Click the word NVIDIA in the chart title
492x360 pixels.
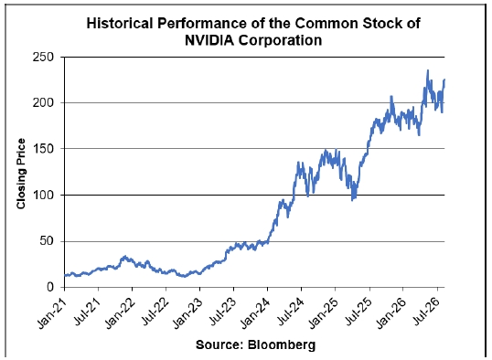click(x=209, y=40)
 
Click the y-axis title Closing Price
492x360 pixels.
click(x=21, y=174)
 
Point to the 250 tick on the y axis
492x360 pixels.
click(x=43, y=58)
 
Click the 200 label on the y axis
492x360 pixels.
click(x=43, y=103)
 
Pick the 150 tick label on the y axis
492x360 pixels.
click(x=43, y=149)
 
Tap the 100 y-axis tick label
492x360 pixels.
click(x=43, y=195)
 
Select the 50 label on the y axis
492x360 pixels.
click(x=47, y=241)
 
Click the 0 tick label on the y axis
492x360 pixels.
click(x=50, y=287)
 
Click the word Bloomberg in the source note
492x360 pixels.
click(x=282, y=344)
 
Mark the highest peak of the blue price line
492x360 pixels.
click(x=428, y=70)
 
